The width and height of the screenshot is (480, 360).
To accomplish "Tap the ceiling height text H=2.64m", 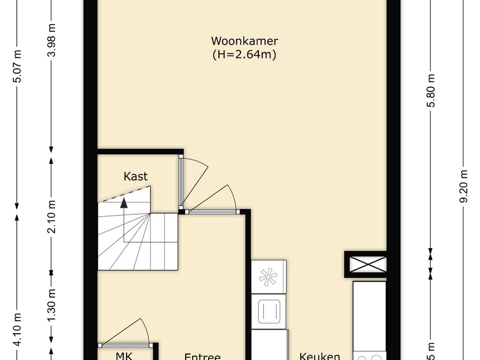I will coord(244,55).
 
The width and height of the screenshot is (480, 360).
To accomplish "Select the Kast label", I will coord(135,177).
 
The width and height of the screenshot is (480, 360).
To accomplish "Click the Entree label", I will coord(202,356).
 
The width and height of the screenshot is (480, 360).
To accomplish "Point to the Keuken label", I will coord(320,356).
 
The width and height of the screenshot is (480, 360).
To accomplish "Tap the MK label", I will coord(124,355).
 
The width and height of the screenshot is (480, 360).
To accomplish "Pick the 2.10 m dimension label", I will coord(52,216).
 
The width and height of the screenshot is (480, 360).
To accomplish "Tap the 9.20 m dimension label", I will coord(465,186).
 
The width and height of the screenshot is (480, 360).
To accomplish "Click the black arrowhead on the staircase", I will coord(124,203).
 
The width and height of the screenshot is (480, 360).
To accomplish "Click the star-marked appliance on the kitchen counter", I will coord(269,277).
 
